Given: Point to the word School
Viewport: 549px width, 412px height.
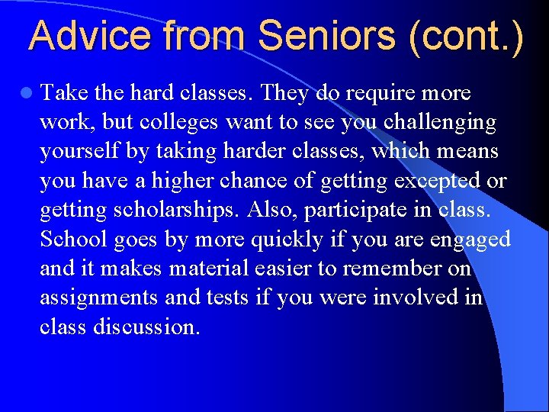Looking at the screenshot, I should [x=74, y=239].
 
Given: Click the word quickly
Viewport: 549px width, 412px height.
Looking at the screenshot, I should [x=284, y=239].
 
